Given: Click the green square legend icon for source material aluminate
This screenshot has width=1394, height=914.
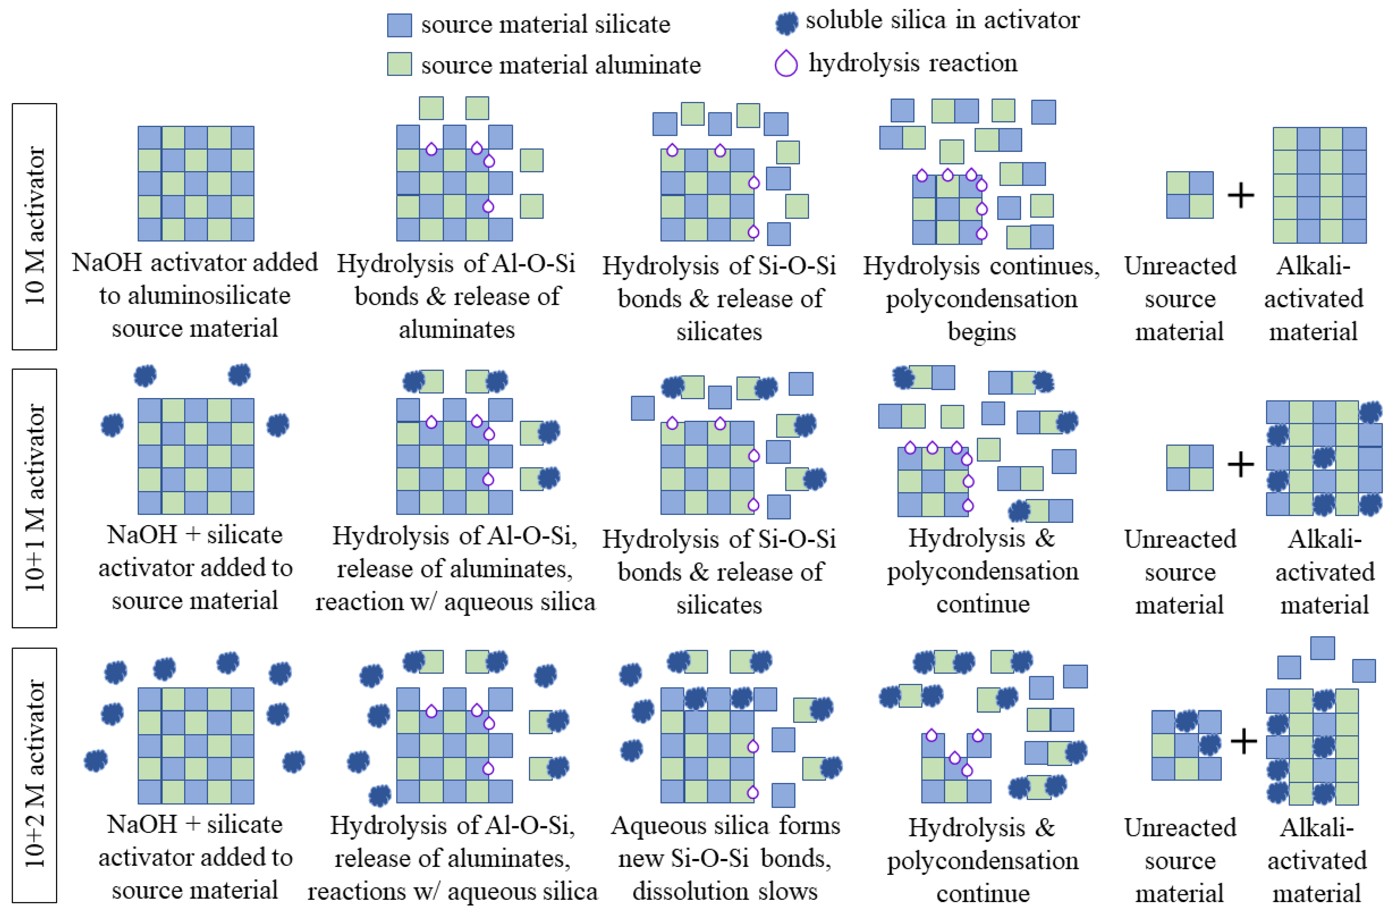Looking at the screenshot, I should (x=399, y=64).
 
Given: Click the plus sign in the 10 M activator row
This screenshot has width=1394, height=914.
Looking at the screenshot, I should (x=1241, y=196).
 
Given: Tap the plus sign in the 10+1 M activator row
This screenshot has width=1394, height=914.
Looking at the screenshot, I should (x=1241, y=465).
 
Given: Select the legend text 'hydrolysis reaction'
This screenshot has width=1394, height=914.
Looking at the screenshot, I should (x=912, y=63).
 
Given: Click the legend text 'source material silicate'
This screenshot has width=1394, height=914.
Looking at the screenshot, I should (x=545, y=25).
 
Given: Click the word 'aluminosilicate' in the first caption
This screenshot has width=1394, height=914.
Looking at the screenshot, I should (x=195, y=296).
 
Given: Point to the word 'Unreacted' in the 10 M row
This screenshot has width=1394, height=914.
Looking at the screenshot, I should (x=1179, y=266).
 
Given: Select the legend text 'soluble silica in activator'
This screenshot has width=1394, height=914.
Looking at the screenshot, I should (x=942, y=21).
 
